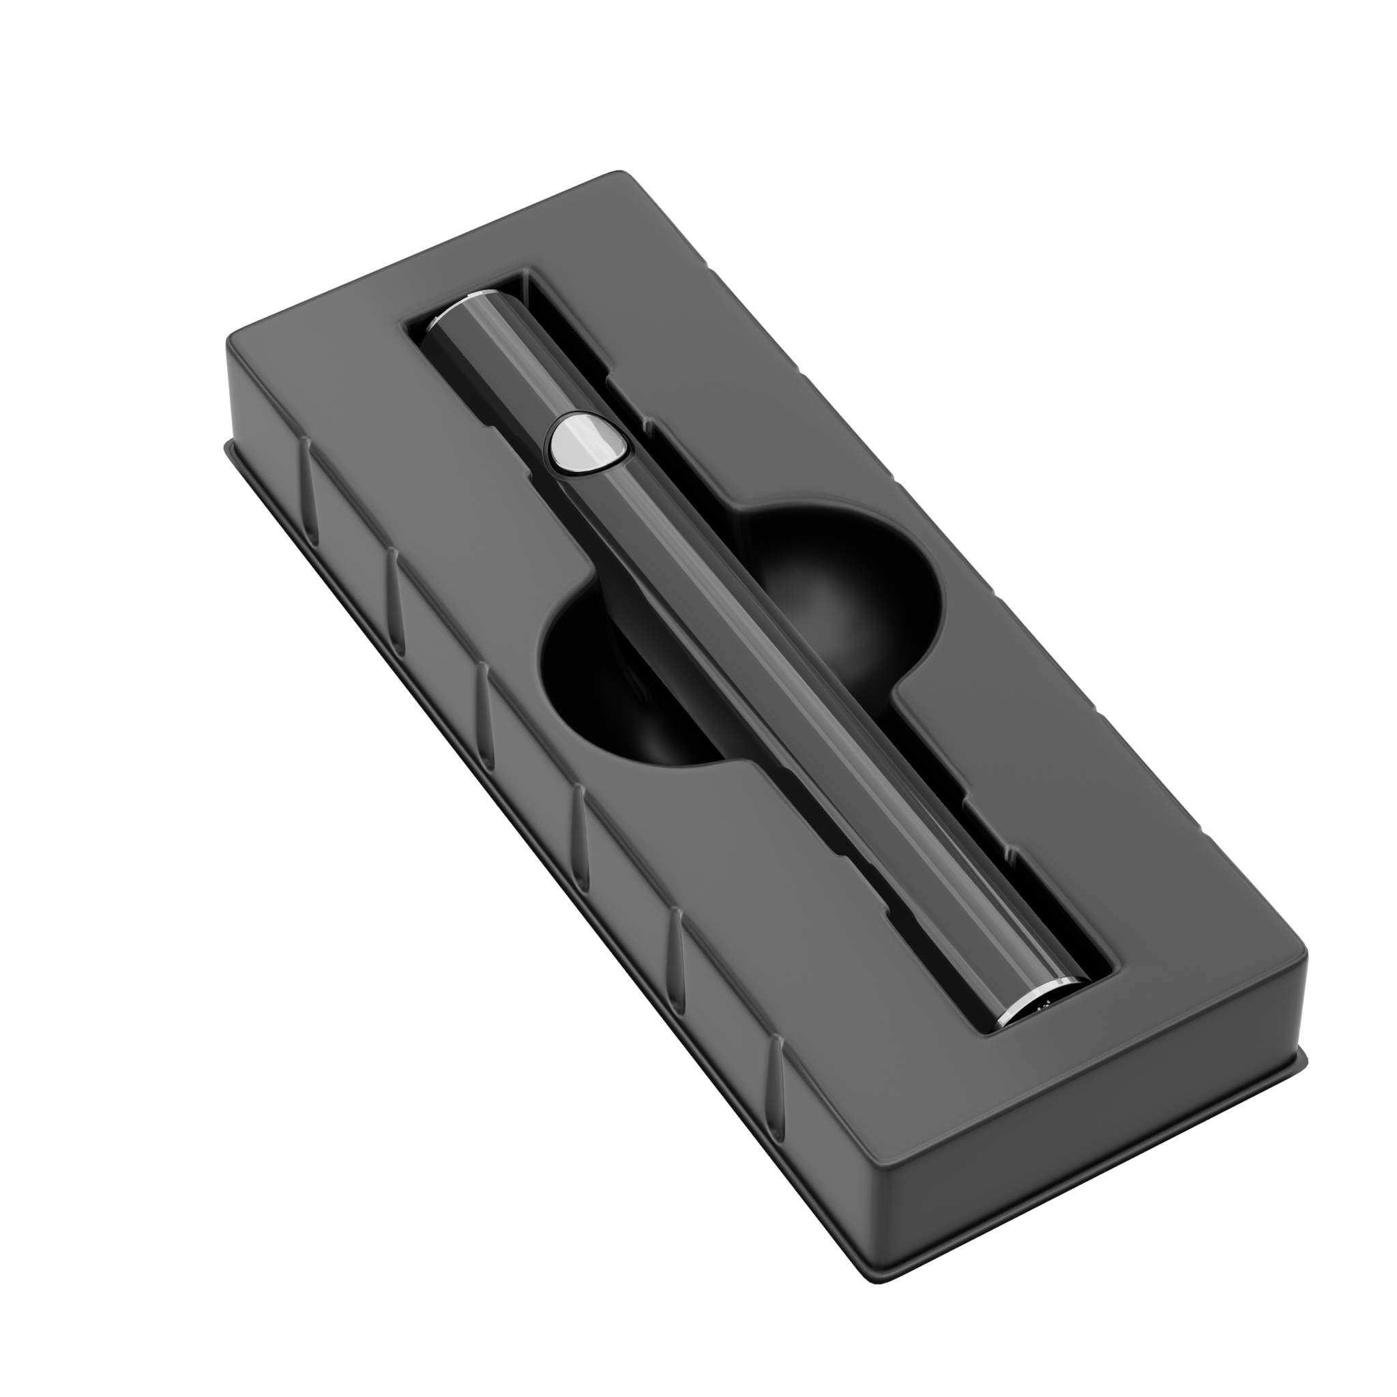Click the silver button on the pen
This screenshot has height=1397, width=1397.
coord(587,443)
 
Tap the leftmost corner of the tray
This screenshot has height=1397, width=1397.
coord(230,340)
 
